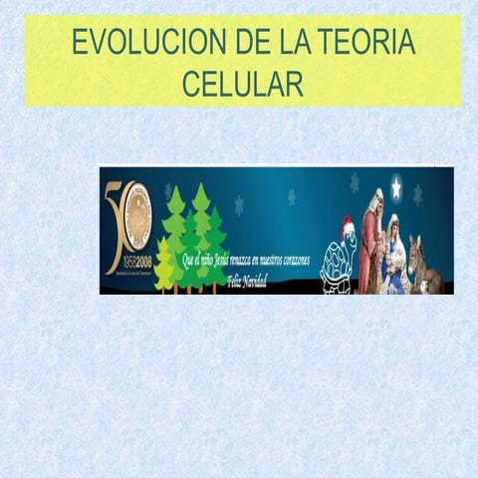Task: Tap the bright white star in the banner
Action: (395, 186)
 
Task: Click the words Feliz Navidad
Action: (248, 280)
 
